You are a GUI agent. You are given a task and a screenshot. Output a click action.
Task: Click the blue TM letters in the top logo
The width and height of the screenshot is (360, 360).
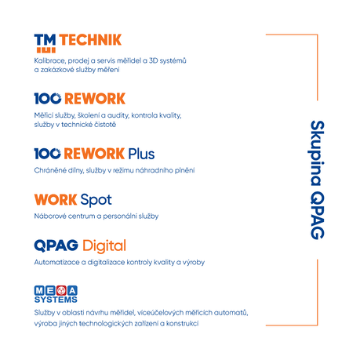[45, 40]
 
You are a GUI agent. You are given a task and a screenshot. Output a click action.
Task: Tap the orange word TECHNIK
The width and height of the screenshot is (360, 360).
[90, 40]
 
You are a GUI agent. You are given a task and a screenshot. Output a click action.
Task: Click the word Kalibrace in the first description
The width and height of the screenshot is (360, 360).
[49, 60]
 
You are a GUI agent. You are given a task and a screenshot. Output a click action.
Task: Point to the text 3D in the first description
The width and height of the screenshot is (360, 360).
[153, 60]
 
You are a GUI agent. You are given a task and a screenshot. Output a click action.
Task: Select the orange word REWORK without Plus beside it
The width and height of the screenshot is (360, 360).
[95, 99]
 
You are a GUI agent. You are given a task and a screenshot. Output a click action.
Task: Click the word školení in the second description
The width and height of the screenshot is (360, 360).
[88, 115]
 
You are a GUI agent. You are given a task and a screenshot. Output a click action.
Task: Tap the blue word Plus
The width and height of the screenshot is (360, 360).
[141, 154]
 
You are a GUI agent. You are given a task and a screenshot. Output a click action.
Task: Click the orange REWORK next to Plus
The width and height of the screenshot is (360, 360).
[94, 154]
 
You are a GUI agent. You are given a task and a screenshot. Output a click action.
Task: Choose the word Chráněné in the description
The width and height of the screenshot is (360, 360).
[50, 170]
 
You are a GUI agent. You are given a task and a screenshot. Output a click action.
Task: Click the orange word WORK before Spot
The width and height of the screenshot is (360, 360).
[56, 200]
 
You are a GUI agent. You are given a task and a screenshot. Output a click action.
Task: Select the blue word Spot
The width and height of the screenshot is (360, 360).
[96, 200]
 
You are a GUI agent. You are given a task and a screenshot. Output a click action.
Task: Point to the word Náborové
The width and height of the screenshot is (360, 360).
[50, 216]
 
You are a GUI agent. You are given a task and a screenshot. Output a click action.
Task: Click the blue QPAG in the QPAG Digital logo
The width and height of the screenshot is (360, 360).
[56, 245]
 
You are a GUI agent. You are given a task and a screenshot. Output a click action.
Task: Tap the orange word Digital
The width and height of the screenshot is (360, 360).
[104, 246]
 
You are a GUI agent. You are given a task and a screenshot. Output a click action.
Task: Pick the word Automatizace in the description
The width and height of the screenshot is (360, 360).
[56, 262]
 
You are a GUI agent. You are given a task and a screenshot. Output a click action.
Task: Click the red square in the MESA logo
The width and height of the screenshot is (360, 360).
[61, 290]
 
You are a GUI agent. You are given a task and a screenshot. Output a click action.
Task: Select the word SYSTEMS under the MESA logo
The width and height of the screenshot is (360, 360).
[56, 300]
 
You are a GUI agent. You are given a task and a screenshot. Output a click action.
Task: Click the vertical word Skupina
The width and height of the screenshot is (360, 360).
[318, 153]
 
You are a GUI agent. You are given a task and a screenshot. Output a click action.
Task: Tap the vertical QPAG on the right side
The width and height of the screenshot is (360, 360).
[318, 216]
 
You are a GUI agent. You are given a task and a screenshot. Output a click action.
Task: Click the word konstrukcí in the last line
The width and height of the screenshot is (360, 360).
[182, 323]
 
